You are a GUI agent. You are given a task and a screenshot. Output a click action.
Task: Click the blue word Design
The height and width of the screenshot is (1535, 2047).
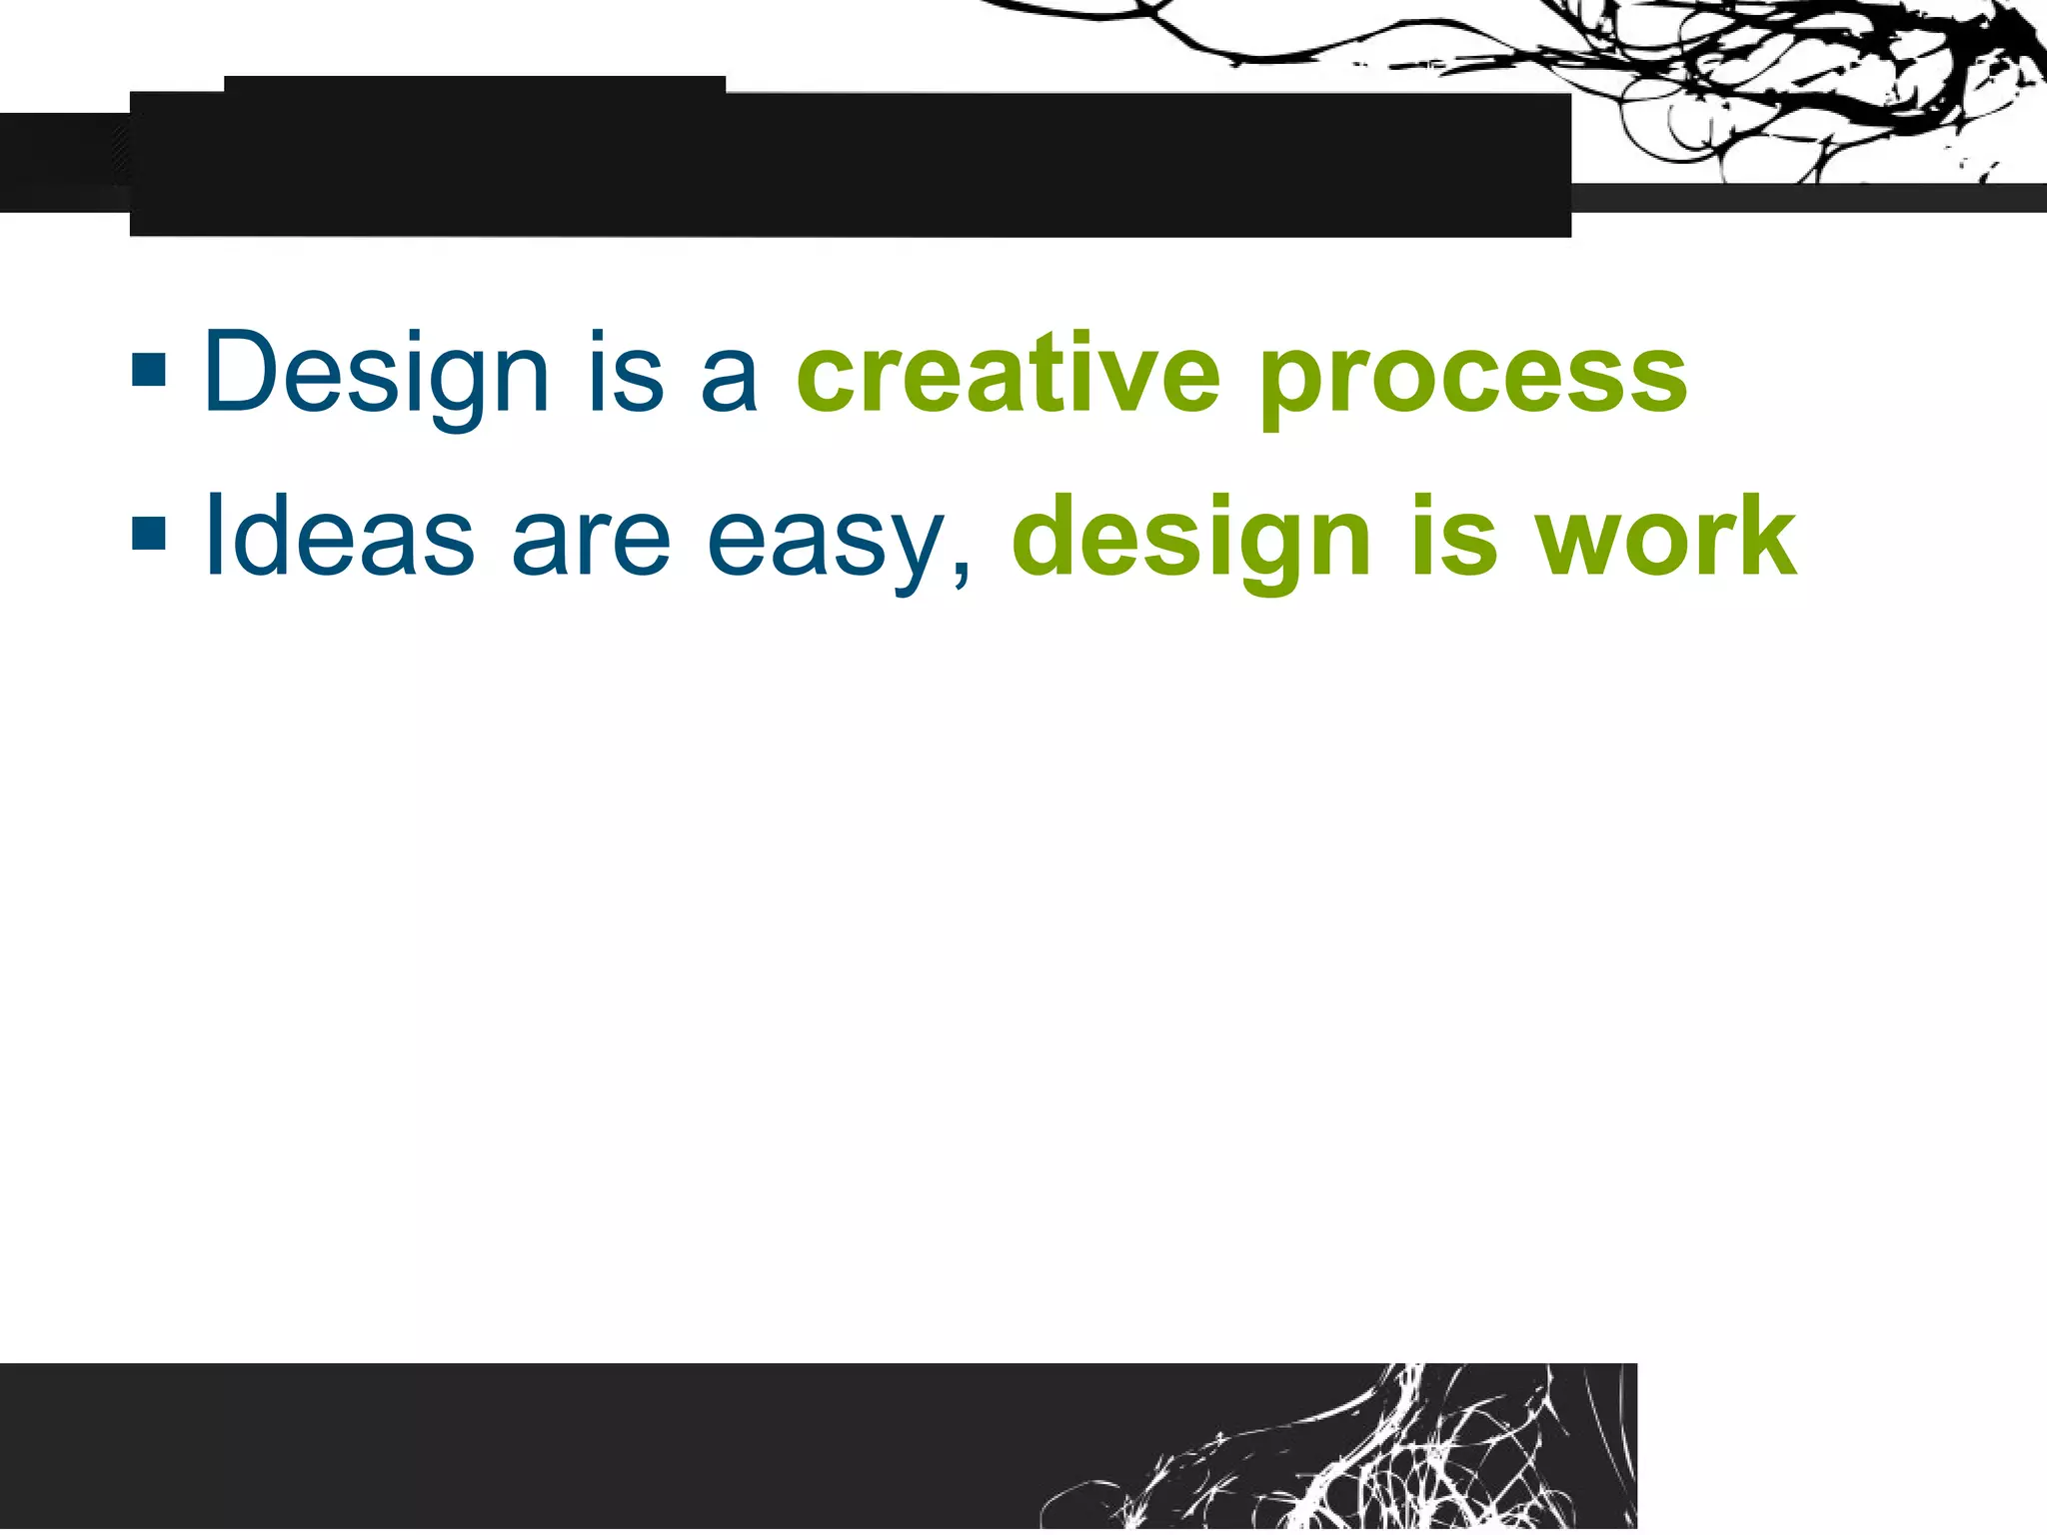[376, 375]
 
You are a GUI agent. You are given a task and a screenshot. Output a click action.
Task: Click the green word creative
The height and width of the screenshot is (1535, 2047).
[1008, 374]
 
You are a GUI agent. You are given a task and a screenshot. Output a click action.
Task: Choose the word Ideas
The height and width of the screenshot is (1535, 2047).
[339, 538]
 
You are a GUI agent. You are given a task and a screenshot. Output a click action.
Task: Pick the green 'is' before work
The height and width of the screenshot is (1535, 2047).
[1454, 538]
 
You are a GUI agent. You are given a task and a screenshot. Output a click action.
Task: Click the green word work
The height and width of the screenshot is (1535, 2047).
[1666, 538]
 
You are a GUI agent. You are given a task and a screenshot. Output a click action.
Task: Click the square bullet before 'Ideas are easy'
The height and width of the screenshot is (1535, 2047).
[149, 534]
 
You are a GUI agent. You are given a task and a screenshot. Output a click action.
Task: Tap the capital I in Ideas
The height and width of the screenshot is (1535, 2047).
[213, 535]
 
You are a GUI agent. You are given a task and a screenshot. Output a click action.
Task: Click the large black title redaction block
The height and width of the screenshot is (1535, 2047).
[850, 164]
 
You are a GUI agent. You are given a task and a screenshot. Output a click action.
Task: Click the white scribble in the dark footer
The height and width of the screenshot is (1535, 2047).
[1399, 1459]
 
